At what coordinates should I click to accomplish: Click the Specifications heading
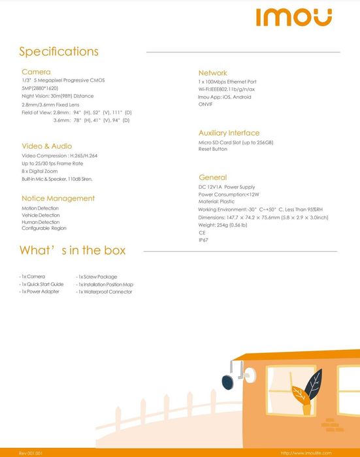tap(59, 52)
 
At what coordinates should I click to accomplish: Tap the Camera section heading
tap(36, 71)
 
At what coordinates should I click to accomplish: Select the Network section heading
tap(213, 72)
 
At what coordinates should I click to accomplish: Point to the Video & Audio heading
tap(47, 146)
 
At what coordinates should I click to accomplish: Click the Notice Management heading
tap(58, 198)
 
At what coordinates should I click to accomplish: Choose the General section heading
tap(213, 178)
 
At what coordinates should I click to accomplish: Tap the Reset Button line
tap(213, 149)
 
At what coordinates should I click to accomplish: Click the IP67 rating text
tap(203, 240)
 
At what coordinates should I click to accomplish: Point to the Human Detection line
tap(41, 222)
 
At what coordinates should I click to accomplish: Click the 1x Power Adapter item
tap(40, 292)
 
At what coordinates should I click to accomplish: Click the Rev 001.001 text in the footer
tap(31, 452)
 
